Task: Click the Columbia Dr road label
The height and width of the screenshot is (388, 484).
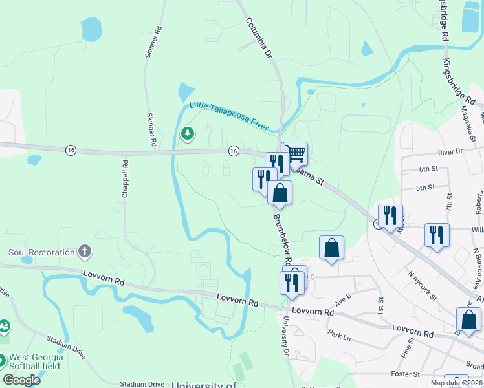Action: coord(258,39)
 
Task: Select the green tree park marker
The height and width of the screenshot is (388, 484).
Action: coord(188,134)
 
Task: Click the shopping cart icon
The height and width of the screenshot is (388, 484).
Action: coord(296,153)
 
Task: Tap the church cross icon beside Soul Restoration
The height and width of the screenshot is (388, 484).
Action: coord(84,251)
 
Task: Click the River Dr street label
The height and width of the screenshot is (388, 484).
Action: coord(450,151)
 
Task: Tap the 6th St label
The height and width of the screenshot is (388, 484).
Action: coord(428,169)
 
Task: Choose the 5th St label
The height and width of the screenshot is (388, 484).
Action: coord(424,188)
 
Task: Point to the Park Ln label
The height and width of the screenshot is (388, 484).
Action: coord(338,337)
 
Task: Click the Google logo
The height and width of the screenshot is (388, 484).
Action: coord(21,380)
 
